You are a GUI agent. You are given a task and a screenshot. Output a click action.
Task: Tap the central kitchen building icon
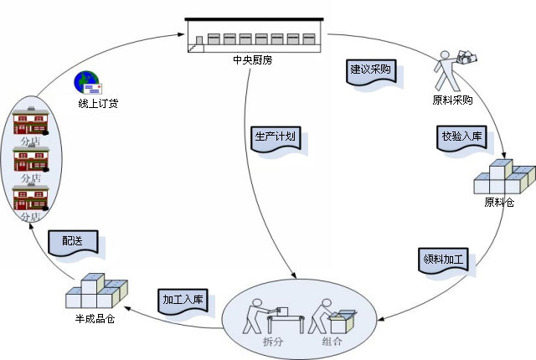click(255, 35)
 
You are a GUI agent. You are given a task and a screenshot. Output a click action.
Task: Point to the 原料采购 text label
click(452, 100)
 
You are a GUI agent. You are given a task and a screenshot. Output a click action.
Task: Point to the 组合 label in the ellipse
click(332, 342)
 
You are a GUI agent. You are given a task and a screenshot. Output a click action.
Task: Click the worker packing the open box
click(332, 316)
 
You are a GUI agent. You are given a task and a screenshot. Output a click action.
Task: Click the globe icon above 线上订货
click(88, 83)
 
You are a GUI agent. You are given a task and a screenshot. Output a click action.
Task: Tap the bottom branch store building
click(31, 198)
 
